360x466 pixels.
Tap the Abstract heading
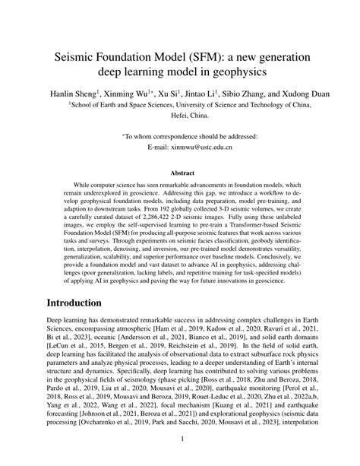tap(180, 173)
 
